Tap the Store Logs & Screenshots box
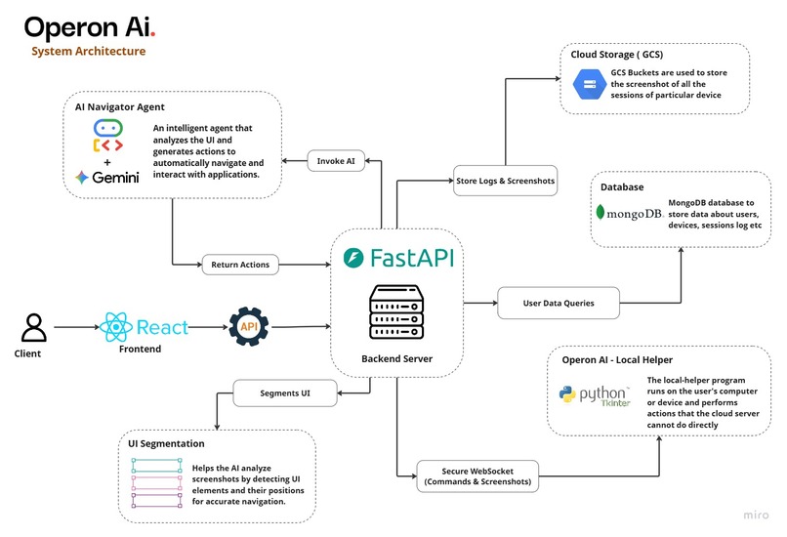point(505,180)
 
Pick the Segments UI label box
point(285,395)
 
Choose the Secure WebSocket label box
point(477,475)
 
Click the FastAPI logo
point(398,257)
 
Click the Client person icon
point(34,327)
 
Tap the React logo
point(145,327)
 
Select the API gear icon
point(248,327)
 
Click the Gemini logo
point(107,178)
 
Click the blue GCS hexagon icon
point(586,84)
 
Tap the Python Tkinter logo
point(594,395)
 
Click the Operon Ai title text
point(89,26)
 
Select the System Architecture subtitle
point(89,51)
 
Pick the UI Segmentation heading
point(167,443)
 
